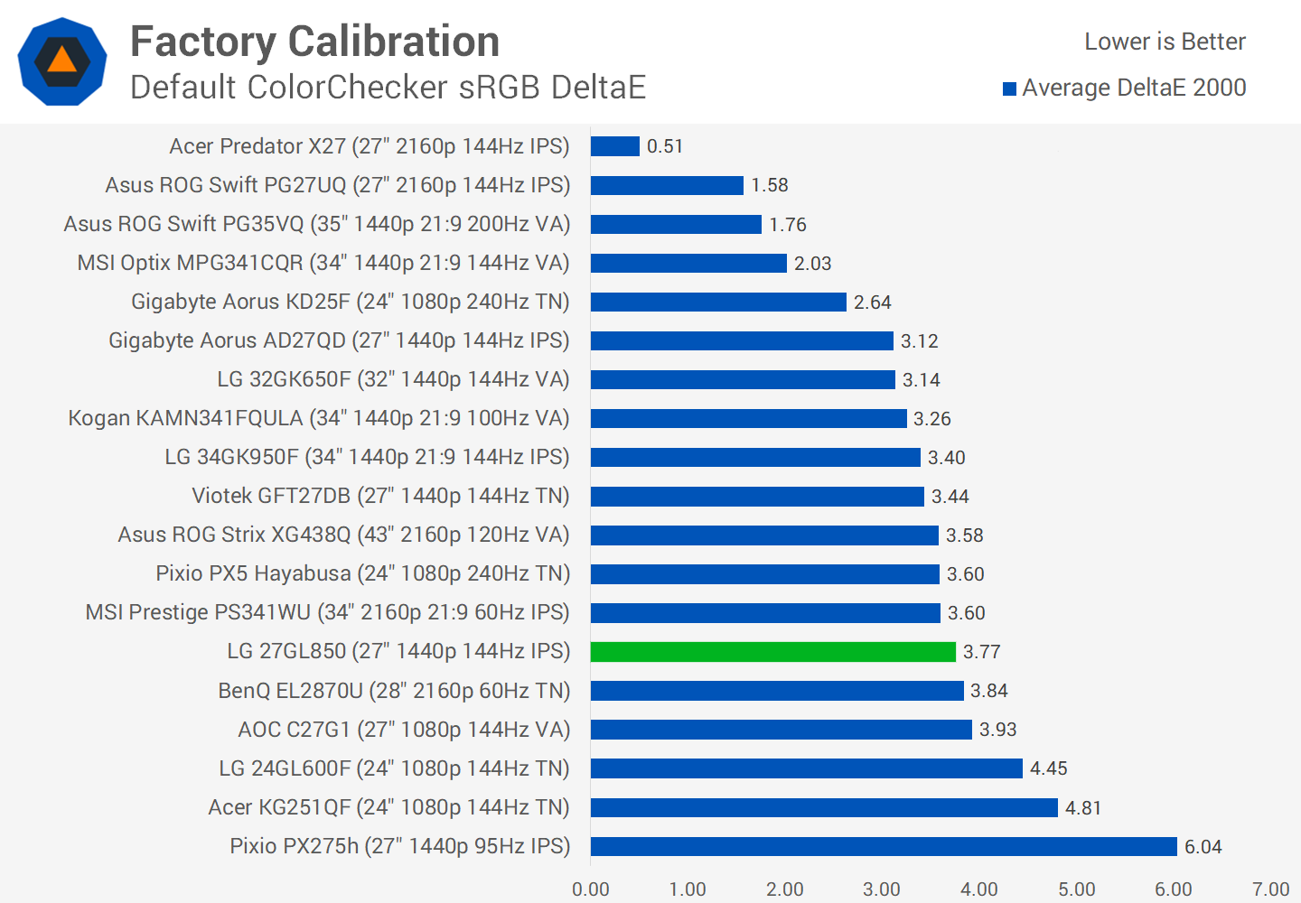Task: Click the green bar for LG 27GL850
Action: (772, 652)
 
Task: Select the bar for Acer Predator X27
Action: (614, 146)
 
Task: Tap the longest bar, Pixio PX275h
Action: (884, 846)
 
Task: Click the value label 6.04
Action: (1203, 847)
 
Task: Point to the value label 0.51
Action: (665, 146)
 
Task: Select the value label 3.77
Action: (981, 652)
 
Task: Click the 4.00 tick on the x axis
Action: (979, 889)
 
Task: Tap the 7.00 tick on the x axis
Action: (1270, 889)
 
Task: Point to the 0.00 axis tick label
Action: (591, 889)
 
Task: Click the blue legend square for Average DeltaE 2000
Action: (1010, 88)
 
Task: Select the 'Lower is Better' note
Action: (1165, 42)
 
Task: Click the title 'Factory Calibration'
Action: (314, 42)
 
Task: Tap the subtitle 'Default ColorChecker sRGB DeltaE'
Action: (388, 88)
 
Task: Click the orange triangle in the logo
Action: (62, 61)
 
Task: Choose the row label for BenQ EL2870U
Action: (394, 691)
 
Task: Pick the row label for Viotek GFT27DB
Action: (380, 496)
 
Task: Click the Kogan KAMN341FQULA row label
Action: (319, 418)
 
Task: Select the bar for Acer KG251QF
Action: (824, 807)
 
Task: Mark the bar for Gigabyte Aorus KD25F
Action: (718, 302)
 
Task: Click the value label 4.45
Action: (1048, 768)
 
